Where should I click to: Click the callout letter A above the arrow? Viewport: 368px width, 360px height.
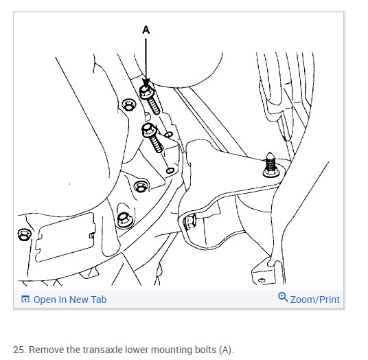click(x=146, y=30)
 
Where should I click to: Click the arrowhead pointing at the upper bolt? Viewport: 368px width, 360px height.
click(x=146, y=83)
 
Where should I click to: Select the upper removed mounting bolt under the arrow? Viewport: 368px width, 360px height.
click(x=150, y=100)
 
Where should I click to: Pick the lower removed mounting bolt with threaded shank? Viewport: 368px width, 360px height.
click(x=152, y=137)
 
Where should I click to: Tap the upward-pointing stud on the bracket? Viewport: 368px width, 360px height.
click(x=271, y=165)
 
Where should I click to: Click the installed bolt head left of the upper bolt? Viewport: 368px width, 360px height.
click(x=129, y=104)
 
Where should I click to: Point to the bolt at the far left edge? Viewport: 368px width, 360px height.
click(x=24, y=234)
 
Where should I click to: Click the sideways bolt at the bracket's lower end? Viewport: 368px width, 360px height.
click(x=189, y=221)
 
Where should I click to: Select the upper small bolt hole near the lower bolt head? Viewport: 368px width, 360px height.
click(x=168, y=135)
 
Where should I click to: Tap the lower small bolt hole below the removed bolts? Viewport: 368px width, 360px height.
click(x=170, y=170)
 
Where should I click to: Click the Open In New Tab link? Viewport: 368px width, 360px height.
click(x=70, y=300)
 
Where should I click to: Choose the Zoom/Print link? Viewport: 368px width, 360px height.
click(x=315, y=300)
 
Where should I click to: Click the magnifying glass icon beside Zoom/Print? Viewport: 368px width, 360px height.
click(x=283, y=297)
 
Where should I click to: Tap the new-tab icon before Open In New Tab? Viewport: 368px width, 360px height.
click(x=25, y=299)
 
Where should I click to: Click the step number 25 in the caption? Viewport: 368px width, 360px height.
click(x=19, y=350)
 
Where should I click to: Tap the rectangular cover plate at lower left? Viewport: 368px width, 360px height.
click(x=65, y=237)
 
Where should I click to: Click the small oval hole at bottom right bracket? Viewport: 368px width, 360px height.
click(x=262, y=280)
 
